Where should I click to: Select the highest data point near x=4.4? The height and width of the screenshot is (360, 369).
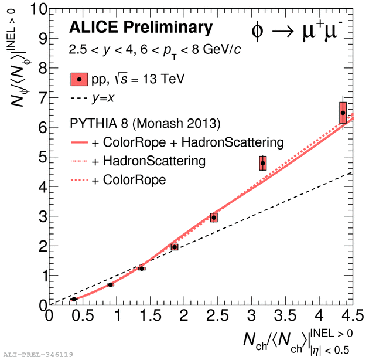tap(343, 113)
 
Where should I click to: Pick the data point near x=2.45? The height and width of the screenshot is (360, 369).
tap(214, 218)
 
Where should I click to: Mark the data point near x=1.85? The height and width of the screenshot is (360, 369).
tap(175, 247)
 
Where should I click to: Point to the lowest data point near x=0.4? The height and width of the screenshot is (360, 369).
tap(74, 299)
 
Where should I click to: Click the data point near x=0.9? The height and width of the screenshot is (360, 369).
tap(110, 284)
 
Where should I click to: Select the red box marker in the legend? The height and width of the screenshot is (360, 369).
tap(79, 79)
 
